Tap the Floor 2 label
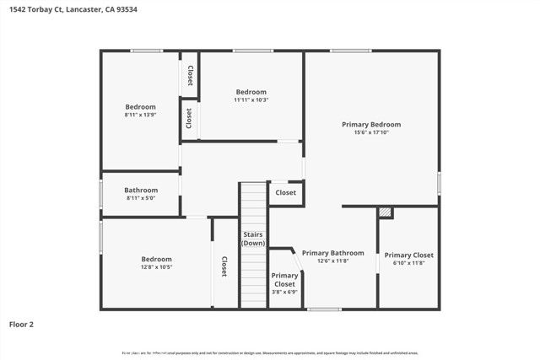pyautogui.click(x=21, y=323)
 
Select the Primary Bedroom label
pyautogui.click(x=371, y=125)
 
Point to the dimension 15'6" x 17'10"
pyautogui.click(x=371, y=132)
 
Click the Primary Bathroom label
pyautogui.click(x=333, y=253)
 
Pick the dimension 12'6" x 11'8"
pyautogui.click(x=333, y=261)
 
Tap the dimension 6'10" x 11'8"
pyautogui.click(x=409, y=263)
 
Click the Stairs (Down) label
pyautogui.click(x=253, y=239)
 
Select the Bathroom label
pyautogui.click(x=141, y=191)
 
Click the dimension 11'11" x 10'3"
pyautogui.click(x=251, y=99)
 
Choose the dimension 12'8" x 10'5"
pyautogui.click(x=156, y=267)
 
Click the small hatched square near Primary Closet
pyautogui.click(x=385, y=212)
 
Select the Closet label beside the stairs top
pyautogui.click(x=286, y=193)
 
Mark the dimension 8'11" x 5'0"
pyautogui.click(x=141, y=199)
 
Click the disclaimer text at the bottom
pyautogui.click(x=269, y=353)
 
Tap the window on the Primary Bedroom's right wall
pyautogui.click(x=439, y=183)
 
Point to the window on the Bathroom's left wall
pyautogui.click(x=101, y=194)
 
